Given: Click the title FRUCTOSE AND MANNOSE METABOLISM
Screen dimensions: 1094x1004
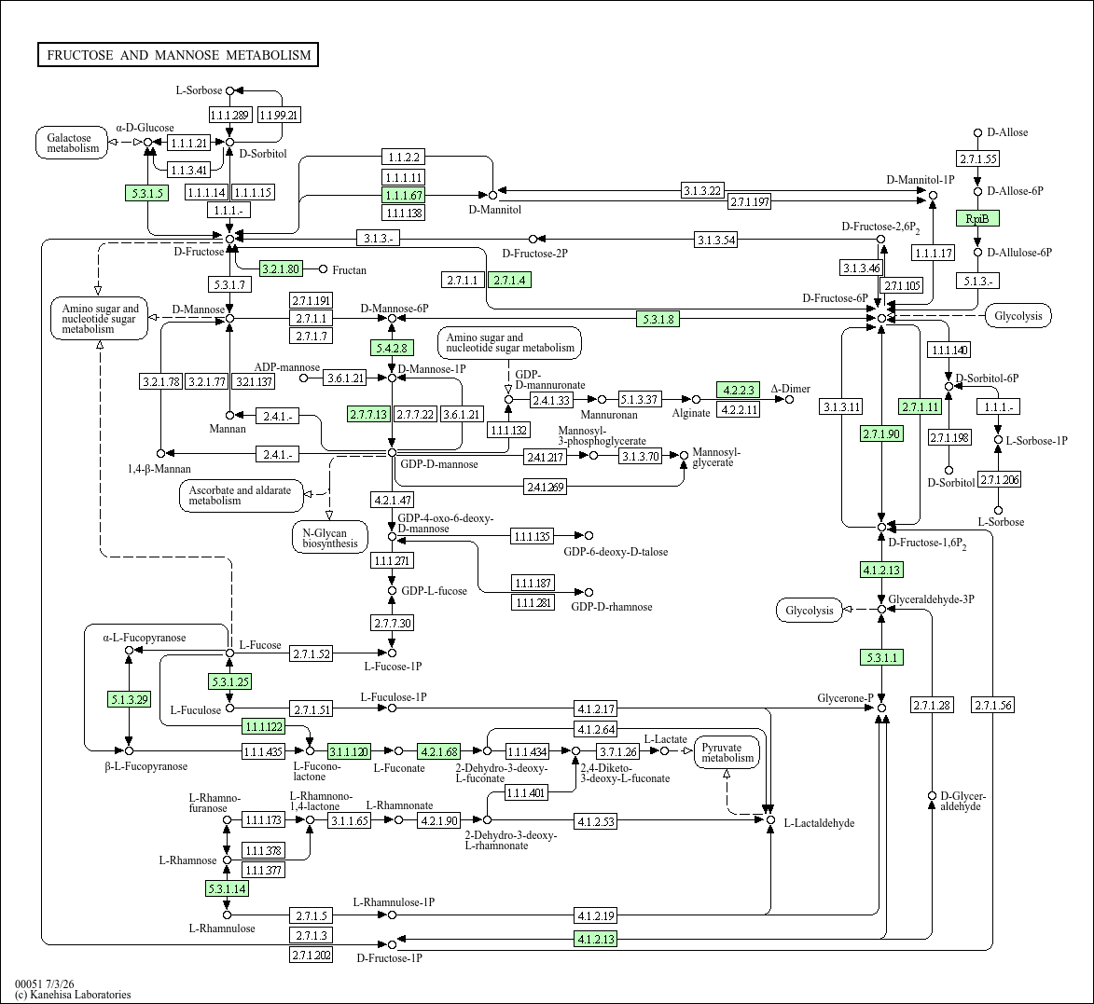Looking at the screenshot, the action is (178, 55).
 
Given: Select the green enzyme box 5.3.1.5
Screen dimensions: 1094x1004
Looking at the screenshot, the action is (147, 193).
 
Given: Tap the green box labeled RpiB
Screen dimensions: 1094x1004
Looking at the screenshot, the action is (977, 218).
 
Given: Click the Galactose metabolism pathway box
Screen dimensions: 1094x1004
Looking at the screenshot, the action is (73, 143).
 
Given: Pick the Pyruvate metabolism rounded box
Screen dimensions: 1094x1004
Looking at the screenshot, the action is (727, 752).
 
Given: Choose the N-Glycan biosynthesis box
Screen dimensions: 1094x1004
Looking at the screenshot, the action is (330, 538).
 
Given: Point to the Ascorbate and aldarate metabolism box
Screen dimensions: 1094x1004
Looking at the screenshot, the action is (242, 495).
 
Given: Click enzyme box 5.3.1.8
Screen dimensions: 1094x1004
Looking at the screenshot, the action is (658, 319).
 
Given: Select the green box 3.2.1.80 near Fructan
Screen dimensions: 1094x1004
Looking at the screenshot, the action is (281, 268).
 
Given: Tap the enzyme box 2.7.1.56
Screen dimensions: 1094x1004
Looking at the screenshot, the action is (993, 705).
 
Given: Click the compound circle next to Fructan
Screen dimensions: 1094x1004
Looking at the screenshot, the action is (323, 269).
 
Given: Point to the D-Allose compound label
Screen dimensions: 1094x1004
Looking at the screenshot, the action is (1007, 132).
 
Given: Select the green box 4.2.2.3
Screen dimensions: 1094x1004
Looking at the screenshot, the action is (738, 390).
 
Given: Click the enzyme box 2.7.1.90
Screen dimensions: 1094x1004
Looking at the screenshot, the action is (882, 433).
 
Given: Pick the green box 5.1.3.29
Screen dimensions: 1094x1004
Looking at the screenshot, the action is (129, 698).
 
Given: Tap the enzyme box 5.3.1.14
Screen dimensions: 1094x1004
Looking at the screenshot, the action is (227, 889).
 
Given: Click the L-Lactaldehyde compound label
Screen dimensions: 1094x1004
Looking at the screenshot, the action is (819, 823).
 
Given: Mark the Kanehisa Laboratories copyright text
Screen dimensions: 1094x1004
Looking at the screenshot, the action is (73, 995).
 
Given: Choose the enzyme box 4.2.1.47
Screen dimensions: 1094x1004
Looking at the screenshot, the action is (392, 500).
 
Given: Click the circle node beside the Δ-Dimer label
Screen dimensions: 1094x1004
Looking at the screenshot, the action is (790, 400).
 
